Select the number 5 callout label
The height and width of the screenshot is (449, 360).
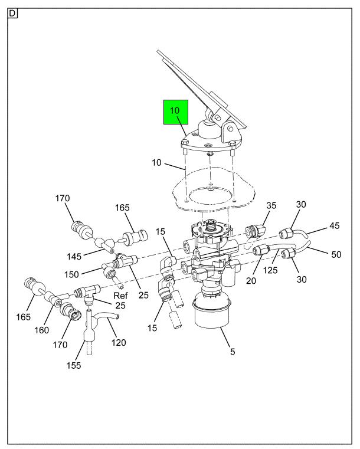[232, 352]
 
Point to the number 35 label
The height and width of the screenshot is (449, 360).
[270, 206]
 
